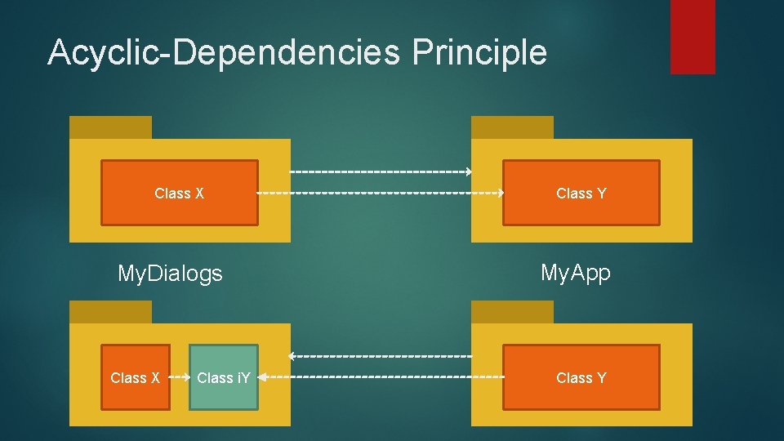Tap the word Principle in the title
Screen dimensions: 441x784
(479, 52)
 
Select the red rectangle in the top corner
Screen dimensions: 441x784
(693, 36)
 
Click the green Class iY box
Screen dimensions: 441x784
(224, 377)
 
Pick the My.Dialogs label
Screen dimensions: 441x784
(170, 274)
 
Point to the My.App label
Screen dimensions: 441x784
(576, 273)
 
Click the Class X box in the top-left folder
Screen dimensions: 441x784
(179, 193)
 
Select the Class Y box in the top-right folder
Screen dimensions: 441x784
(581, 193)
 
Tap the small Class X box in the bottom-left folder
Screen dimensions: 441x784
(136, 377)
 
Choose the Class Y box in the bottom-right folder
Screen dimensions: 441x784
(581, 377)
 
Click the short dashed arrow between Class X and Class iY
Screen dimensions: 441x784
(180, 377)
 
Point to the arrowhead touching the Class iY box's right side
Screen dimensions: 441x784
(262, 377)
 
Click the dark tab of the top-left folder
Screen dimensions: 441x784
(110, 127)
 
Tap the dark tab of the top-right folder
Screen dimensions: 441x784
(512, 127)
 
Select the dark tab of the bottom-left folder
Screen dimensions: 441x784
(110, 312)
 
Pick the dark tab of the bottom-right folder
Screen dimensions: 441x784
(512, 312)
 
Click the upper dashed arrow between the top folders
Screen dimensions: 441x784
(381, 172)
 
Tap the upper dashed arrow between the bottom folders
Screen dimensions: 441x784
(381, 357)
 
